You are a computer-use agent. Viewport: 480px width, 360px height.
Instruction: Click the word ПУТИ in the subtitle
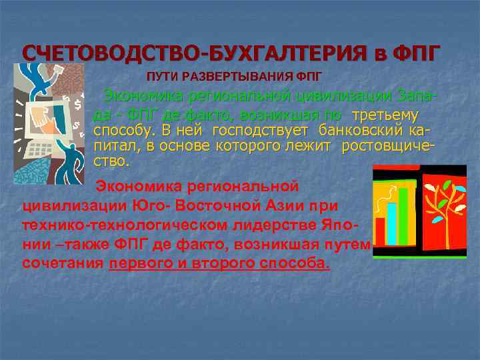pyautogui.click(x=161, y=75)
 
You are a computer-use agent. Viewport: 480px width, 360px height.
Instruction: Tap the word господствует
pyautogui.click(x=260, y=129)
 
